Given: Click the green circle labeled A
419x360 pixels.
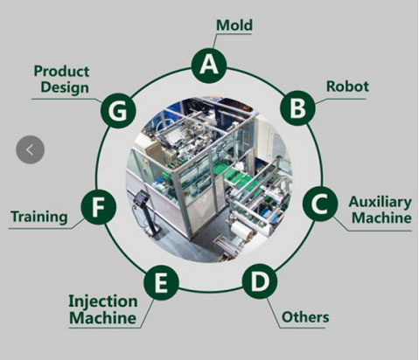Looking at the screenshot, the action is tap(209, 66).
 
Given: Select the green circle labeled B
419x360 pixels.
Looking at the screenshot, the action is tap(297, 108).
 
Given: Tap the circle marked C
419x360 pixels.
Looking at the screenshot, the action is tap(320, 204).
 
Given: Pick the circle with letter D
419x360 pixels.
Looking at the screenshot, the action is tap(260, 281).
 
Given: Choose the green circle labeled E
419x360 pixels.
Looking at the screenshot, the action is tap(161, 282).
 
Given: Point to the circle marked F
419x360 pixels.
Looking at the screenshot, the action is tap(99, 207).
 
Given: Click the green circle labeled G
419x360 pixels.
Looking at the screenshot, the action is tap(118, 111).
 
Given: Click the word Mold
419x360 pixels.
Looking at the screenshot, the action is tap(234, 25).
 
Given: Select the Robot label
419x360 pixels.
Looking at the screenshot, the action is tap(347, 87).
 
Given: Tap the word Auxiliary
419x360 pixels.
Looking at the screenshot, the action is tap(381, 203).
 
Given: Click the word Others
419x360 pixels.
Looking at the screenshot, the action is tap(305, 317).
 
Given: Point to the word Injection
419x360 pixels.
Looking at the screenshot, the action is tap(103, 301).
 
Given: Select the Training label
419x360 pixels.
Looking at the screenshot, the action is tap(39, 218).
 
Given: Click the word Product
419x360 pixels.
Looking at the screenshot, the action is tap(61, 72).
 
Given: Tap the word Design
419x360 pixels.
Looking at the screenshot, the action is tap(65, 87).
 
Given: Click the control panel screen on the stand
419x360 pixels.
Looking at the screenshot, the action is tap(142, 197).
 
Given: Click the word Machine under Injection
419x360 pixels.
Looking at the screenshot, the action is tap(103, 318).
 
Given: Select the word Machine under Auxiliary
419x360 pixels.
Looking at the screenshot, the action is tap(381, 218).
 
